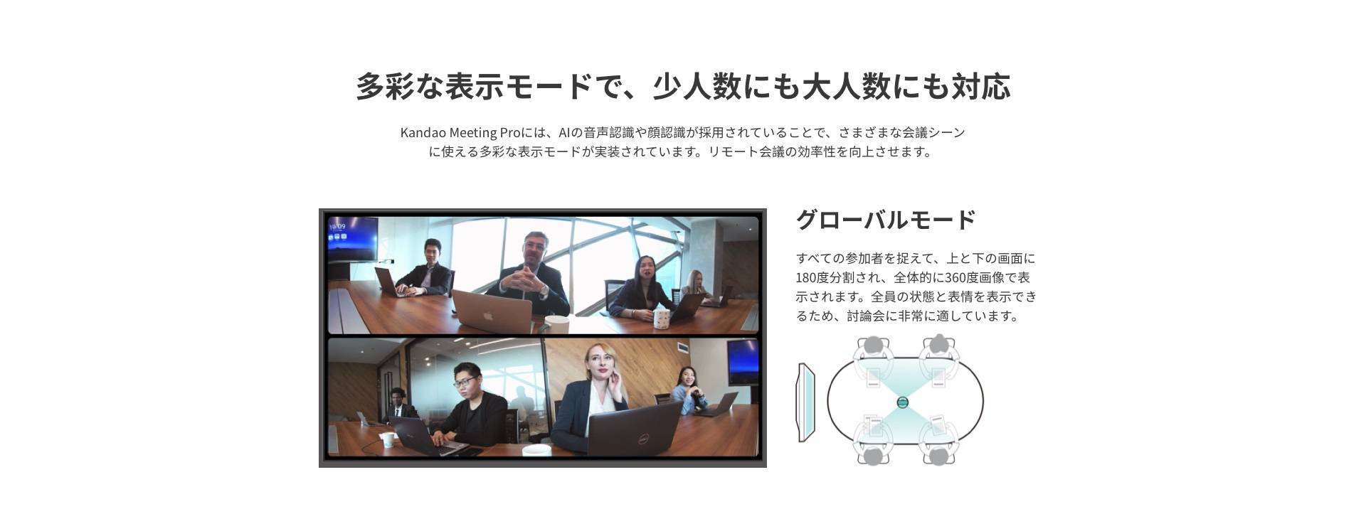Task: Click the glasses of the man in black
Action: pyautogui.click(x=465, y=382)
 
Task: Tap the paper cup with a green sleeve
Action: pyautogui.click(x=387, y=439)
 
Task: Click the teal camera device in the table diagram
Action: pyautogui.click(x=903, y=402)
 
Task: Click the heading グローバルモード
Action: pyautogui.click(x=885, y=220)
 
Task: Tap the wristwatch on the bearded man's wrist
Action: pyautogui.click(x=544, y=289)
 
